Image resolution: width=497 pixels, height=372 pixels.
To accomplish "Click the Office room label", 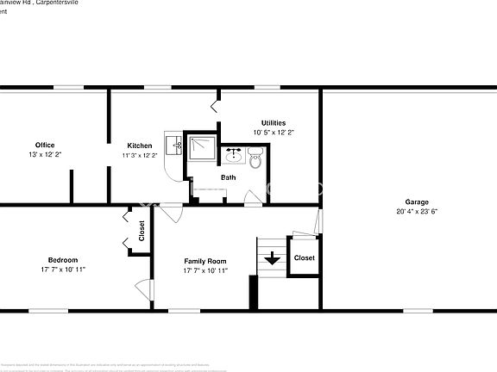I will (x=45, y=145).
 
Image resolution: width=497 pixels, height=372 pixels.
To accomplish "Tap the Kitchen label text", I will (x=140, y=146).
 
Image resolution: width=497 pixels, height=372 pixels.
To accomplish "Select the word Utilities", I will (x=274, y=123).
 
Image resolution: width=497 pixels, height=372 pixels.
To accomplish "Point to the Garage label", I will (x=417, y=202).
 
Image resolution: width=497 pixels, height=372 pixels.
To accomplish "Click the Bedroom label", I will (x=63, y=260).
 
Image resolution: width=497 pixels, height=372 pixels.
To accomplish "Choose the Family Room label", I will (x=205, y=261).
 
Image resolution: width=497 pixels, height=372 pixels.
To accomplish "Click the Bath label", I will (x=228, y=177).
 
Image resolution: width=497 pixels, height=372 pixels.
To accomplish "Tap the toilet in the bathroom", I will (x=255, y=158).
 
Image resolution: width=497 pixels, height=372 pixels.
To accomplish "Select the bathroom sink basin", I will (x=233, y=156).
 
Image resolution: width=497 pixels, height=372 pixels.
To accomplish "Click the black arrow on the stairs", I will (x=273, y=257).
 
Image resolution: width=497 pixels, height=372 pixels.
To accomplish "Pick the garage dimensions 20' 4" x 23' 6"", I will (x=417, y=212).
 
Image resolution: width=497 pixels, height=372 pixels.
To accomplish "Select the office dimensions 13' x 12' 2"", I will (x=45, y=155).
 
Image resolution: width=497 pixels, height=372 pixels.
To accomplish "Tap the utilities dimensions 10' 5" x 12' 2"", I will (x=274, y=133).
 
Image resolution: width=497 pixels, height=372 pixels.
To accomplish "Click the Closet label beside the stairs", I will (x=304, y=257).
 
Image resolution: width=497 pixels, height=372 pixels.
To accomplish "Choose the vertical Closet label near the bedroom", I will (x=142, y=231).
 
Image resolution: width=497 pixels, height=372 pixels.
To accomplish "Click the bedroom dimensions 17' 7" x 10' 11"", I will (x=63, y=270).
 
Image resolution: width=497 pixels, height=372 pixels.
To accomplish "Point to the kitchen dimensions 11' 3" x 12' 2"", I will (x=140, y=156).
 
